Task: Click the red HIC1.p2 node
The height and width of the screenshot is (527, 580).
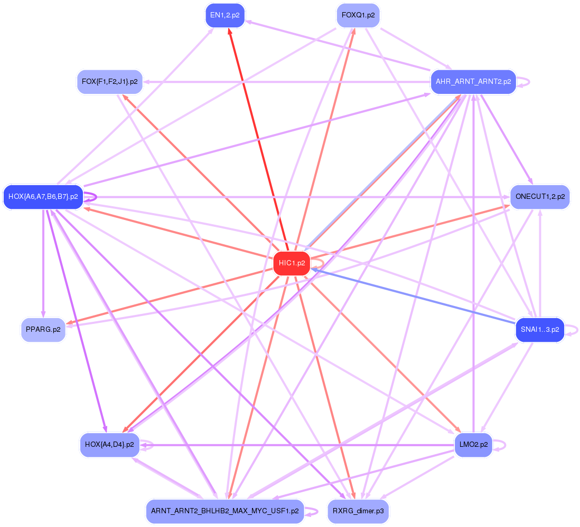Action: point(292,263)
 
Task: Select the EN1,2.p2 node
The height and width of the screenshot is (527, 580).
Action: point(224,15)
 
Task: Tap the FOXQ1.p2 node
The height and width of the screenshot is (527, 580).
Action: point(358,15)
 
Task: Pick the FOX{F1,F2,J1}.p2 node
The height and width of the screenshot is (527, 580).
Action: point(110,82)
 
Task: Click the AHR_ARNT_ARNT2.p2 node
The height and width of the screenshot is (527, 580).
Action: point(473,82)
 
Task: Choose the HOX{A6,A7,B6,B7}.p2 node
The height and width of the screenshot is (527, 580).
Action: point(43,197)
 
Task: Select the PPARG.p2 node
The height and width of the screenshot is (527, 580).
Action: point(43,330)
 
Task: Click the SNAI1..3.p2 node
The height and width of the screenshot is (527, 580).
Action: point(539,330)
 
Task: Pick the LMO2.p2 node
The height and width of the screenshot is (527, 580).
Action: point(473,445)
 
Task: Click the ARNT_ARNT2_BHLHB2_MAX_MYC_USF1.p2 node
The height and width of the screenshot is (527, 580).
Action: point(224,511)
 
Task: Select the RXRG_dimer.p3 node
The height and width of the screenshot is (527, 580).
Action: point(358,511)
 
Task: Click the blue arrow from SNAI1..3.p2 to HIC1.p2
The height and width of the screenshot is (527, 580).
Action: point(412,296)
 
